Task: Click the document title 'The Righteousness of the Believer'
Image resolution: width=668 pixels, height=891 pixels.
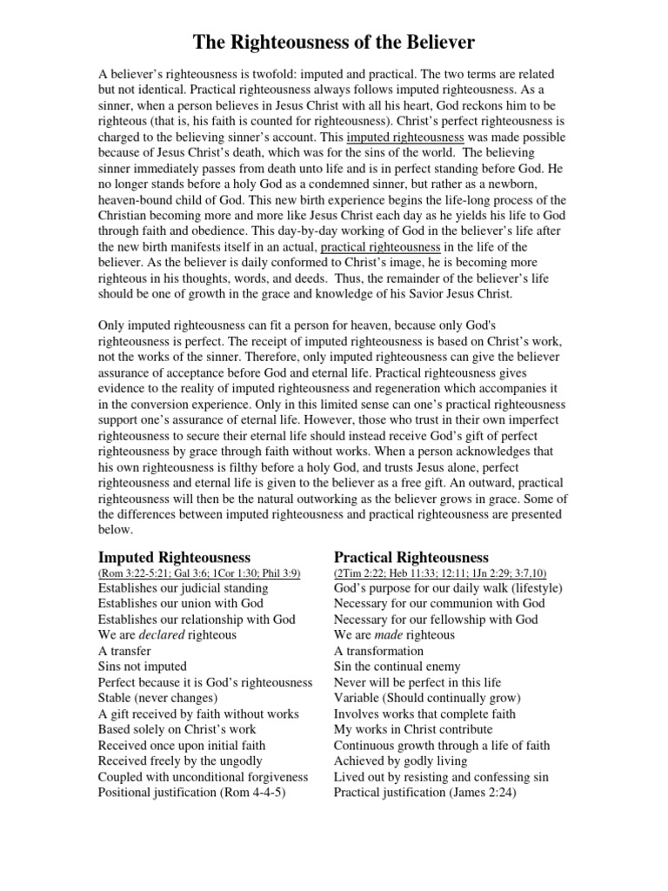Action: tap(334, 42)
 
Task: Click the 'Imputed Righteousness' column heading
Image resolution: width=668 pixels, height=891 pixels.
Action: tap(174, 557)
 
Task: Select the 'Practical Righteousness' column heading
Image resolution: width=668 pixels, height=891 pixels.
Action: tap(411, 557)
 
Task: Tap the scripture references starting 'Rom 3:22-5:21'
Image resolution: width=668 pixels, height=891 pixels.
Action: tap(198, 573)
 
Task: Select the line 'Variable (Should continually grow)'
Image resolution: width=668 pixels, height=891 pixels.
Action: tap(427, 698)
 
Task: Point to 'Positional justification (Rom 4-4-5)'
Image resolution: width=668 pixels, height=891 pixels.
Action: tap(192, 792)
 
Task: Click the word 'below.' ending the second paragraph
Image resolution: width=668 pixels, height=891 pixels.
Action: tap(116, 530)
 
